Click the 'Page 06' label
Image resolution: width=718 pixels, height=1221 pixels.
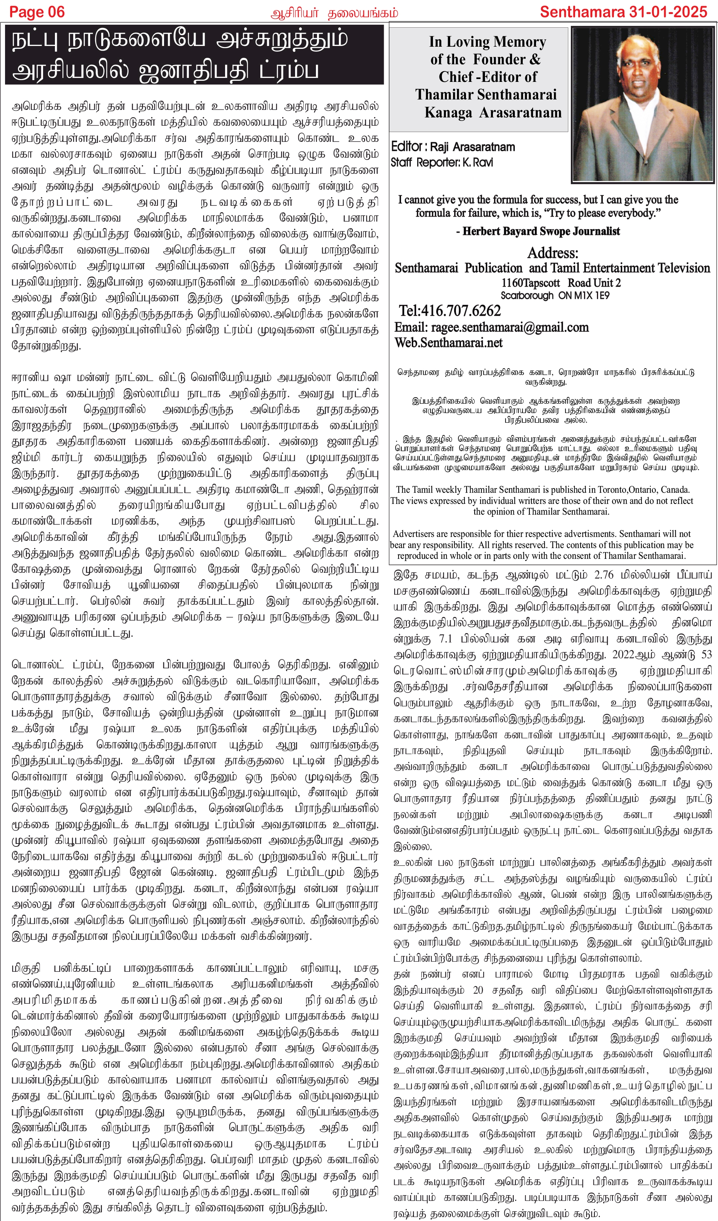(x=37, y=11)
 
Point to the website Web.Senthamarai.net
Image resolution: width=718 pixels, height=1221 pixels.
(x=448, y=343)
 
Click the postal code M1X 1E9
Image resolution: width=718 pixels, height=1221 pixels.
(x=592, y=295)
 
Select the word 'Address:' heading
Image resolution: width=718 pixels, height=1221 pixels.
(x=552, y=253)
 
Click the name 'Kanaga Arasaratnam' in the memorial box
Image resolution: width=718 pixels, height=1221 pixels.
(x=493, y=112)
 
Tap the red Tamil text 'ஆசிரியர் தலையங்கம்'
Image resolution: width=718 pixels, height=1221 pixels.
(x=334, y=13)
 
